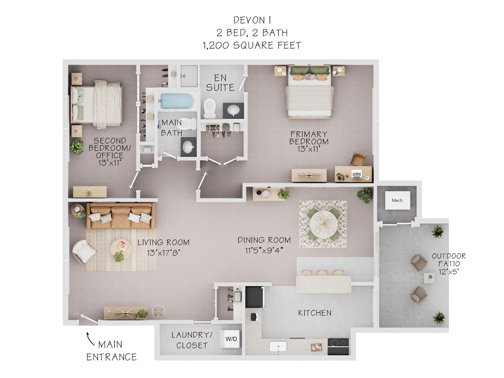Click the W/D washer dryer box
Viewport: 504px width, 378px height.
[231, 339]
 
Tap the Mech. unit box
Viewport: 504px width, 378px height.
[397, 201]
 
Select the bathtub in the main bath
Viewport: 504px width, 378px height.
[177, 101]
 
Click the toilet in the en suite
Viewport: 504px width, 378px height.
[209, 107]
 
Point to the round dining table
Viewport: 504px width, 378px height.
[323, 223]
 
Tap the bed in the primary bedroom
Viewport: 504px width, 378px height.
[310, 93]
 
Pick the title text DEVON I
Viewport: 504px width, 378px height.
[252, 20]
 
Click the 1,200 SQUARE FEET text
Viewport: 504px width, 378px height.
[252, 45]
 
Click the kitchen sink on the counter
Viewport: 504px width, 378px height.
[279, 346]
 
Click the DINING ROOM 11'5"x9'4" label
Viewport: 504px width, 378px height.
[264, 245]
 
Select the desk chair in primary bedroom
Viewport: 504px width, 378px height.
[358, 159]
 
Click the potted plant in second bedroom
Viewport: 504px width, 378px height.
[77, 147]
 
